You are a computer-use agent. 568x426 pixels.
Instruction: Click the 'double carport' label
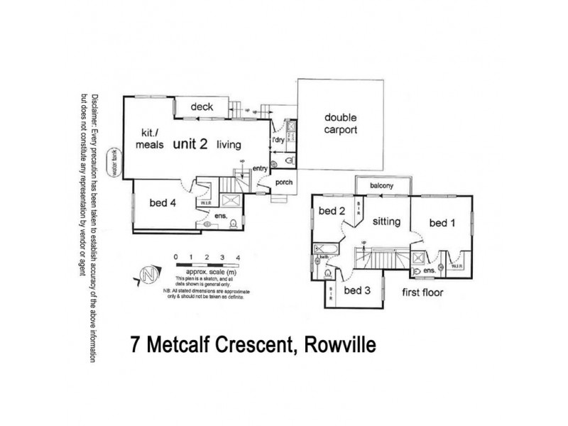[340, 124]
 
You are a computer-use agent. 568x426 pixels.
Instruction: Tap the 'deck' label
[202, 108]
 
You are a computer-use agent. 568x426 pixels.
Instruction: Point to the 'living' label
[229, 145]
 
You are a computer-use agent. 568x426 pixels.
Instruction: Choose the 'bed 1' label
[442, 222]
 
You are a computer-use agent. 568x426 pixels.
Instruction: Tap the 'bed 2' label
[331, 211]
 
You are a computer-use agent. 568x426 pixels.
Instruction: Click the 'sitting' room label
[387, 222]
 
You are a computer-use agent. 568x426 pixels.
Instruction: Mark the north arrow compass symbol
[146, 275]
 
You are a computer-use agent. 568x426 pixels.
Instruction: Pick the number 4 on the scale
[238, 256]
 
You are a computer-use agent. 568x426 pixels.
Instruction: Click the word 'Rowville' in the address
[338, 346]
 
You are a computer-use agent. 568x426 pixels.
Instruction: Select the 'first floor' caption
[423, 292]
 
